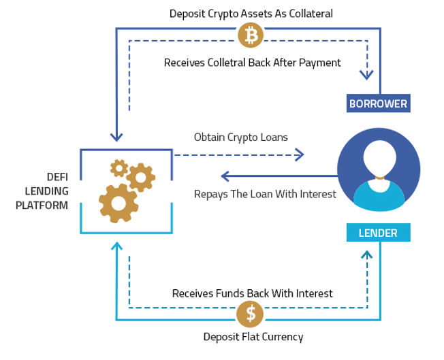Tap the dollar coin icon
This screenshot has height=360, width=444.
coord(251,313)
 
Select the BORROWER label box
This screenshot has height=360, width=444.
coord(378,104)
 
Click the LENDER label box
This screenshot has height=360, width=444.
coord(378,233)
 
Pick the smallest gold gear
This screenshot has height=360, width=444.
coord(119,167)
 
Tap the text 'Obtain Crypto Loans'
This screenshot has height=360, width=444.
coord(240,137)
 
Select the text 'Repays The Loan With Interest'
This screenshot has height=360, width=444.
coord(265,194)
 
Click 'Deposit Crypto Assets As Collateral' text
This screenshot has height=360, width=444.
coord(251,14)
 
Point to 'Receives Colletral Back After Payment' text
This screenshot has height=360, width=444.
coord(252,63)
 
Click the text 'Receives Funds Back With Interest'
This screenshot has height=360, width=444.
coord(252,293)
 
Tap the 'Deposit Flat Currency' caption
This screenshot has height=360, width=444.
coord(253,337)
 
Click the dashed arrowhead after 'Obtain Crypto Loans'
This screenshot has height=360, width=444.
coord(300,155)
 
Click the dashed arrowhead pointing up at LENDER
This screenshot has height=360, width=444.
coord(368,255)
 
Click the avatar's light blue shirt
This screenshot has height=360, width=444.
coord(378,194)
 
